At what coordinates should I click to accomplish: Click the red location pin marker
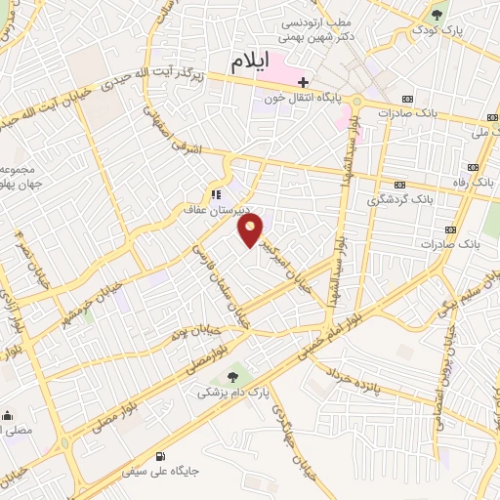tap(252, 231)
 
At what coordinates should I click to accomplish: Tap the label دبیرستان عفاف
tap(220, 208)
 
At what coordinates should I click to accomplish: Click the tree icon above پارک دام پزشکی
tap(231, 376)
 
